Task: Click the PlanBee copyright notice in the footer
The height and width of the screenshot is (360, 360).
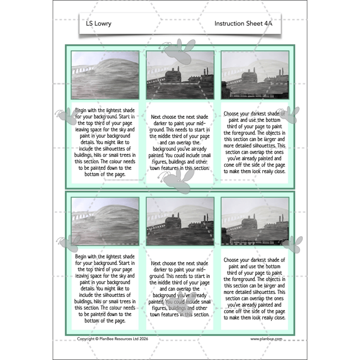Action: (x=112, y=339)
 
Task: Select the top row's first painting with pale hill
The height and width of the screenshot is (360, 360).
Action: (x=105, y=75)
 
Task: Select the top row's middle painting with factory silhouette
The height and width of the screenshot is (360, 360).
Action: (x=180, y=75)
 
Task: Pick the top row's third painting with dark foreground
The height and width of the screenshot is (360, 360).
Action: (x=255, y=75)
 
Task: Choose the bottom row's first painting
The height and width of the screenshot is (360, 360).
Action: (x=105, y=221)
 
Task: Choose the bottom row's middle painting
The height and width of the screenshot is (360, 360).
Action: (x=180, y=221)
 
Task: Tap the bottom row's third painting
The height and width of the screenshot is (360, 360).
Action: (x=255, y=221)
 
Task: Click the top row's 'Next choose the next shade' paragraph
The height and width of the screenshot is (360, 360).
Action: (x=180, y=142)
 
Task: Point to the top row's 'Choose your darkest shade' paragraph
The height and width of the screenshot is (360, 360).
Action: (x=255, y=142)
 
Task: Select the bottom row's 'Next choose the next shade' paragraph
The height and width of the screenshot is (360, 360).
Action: (x=180, y=288)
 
